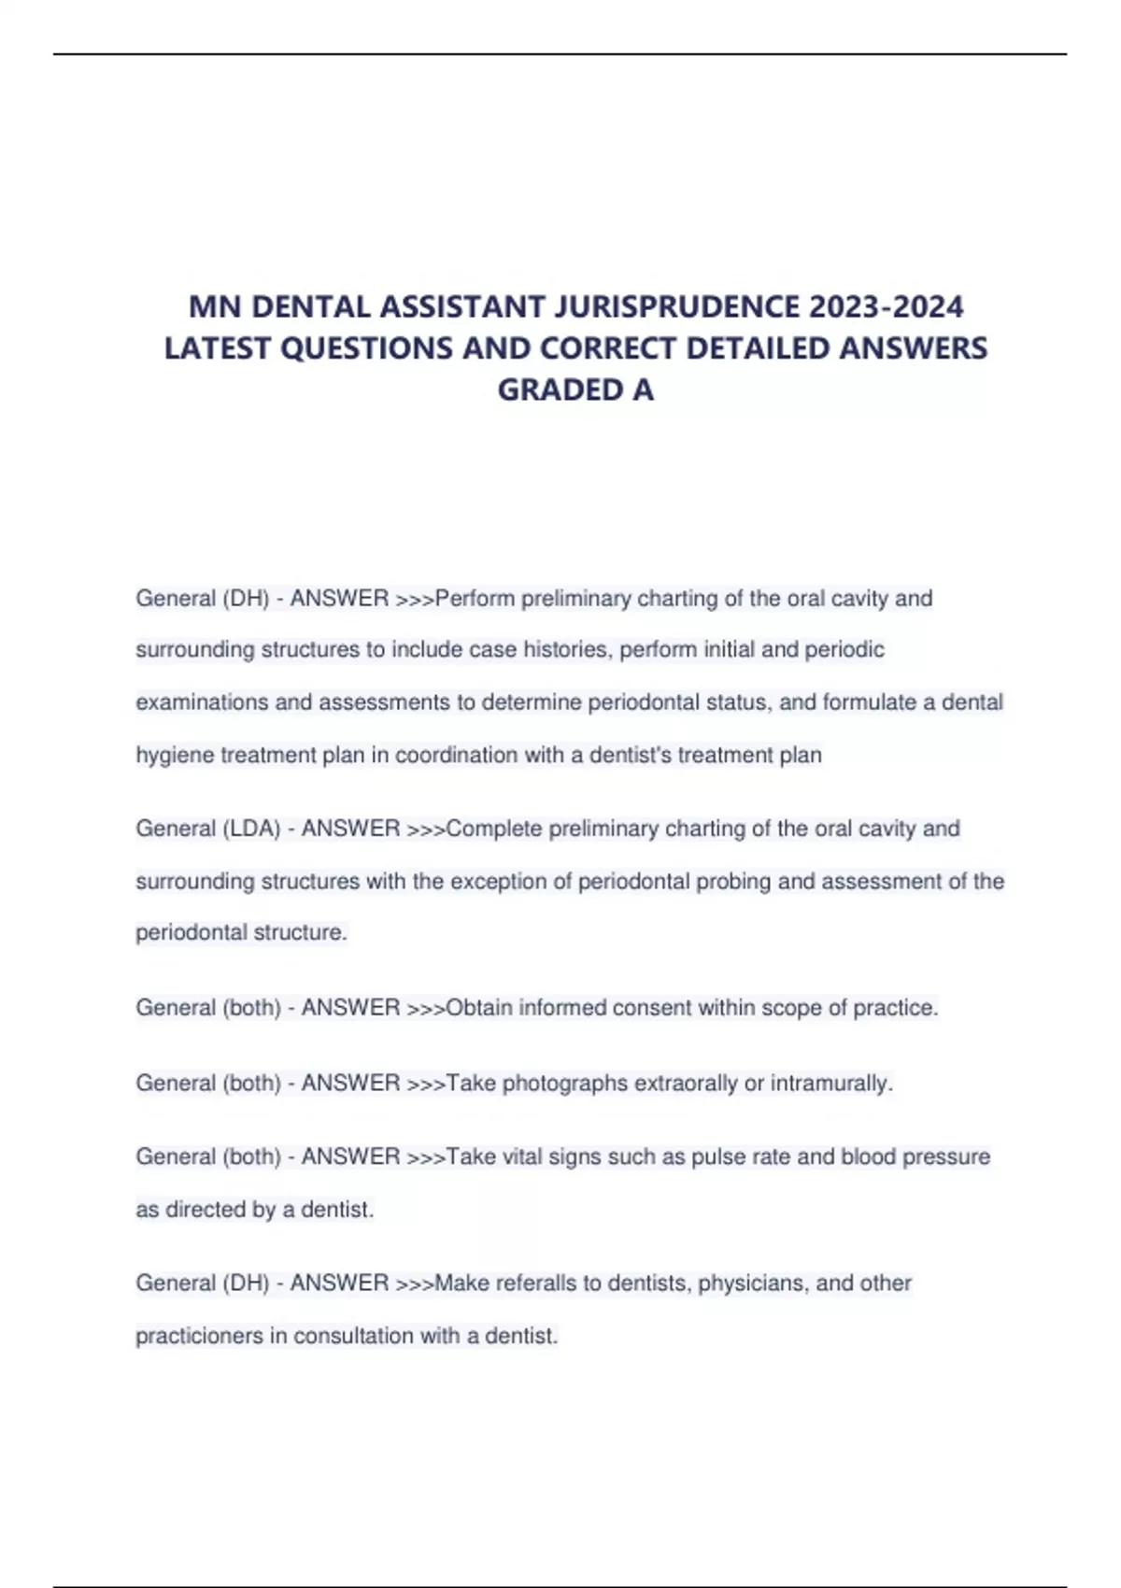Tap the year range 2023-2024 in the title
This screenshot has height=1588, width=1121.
(x=887, y=306)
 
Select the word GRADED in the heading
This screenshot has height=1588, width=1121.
(x=560, y=389)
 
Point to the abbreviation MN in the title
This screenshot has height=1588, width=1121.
(x=216, y=306)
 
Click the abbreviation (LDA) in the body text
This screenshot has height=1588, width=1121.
(x=251, y=829)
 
